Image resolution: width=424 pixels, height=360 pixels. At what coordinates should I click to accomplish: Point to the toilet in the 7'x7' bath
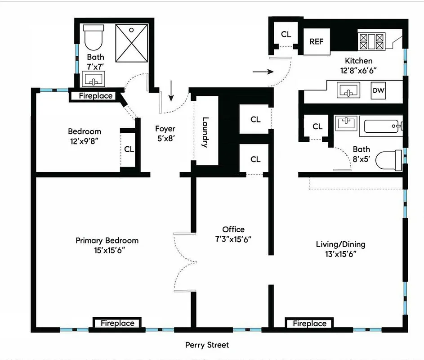[x=94, y=38]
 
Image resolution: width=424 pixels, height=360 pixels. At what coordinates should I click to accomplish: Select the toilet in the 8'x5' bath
[x=389, y=160]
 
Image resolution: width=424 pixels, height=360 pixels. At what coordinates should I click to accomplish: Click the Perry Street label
[x=207, y=345]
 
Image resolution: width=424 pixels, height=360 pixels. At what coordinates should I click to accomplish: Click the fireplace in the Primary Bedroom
[x=117, y=323]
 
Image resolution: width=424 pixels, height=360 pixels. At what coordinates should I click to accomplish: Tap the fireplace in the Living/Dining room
[x=309, y=324]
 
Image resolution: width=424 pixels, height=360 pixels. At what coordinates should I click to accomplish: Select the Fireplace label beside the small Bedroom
[x=96, y=96]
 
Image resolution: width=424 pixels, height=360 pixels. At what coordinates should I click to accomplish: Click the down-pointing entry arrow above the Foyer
[x=171, y=91]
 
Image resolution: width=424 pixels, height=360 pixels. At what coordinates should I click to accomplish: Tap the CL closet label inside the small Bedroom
[x=129, y=149]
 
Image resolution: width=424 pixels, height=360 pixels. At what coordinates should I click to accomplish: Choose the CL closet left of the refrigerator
[x=286, y=34]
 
